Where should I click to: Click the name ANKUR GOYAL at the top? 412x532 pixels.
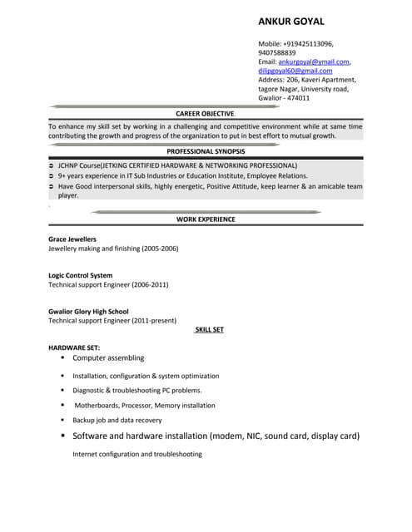[291, 21]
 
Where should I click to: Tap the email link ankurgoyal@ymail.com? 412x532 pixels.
[314, 62]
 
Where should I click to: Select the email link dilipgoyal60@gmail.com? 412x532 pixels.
[295, 71]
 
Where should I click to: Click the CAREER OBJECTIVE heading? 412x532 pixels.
[205, 113]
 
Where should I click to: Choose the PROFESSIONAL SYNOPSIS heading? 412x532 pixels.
[206, 151]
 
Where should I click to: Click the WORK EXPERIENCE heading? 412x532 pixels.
[206, 219]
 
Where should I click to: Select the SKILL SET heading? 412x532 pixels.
[209, 330]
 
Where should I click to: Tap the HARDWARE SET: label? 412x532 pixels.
[74, 347]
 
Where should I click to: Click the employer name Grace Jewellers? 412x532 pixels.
[72, 239]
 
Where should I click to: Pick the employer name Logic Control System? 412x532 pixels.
[80, 275]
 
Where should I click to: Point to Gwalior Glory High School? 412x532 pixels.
[88, 312]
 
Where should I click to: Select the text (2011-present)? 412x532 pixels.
[151, 320]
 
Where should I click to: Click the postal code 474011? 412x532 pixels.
[298, 98]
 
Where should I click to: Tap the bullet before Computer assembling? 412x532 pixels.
[62, 358]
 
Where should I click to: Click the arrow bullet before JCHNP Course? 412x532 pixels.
[52, 166]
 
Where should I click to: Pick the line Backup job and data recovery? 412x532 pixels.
[117, 420]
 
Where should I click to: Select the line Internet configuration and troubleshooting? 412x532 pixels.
[137, 454]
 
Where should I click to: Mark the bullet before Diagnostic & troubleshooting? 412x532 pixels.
[62, 390]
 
